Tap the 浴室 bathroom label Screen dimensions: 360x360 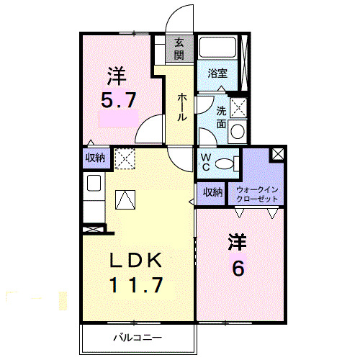pos(217,73)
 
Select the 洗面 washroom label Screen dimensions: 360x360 pos(222,117)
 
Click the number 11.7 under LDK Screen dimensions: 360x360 pos(141,286)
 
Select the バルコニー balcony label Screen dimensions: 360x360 pos(137,337)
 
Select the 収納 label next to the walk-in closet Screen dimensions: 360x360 pos(212,192)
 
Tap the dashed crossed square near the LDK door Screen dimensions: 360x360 pos(125,158)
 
